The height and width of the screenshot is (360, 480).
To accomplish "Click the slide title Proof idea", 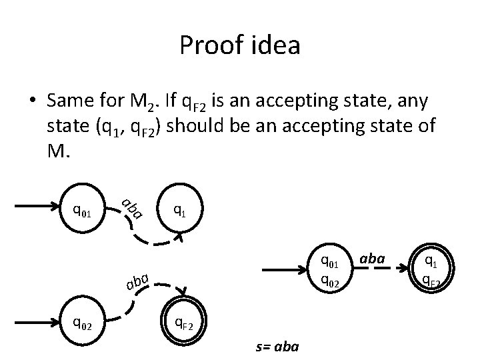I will click(x=240, y=46).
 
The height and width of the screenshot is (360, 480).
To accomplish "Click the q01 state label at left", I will click(x=82, y=211).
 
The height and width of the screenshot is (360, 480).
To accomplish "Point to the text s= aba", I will click(x=278, y=347).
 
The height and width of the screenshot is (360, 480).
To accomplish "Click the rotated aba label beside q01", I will click(x=132, y=208).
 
